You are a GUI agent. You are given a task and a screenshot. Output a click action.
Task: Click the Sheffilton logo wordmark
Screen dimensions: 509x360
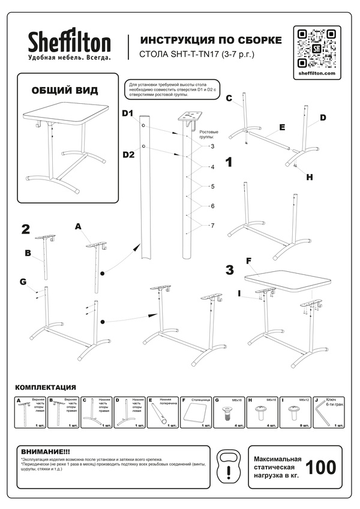(70, 43)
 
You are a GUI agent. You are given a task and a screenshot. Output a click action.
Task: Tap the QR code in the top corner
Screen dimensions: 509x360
(316, 47)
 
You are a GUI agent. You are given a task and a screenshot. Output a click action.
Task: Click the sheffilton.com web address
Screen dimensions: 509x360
(316, 73)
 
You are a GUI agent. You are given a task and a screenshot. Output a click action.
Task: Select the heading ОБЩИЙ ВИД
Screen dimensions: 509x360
(64, 91)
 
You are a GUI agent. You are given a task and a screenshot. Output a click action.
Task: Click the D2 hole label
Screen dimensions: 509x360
(128, 154)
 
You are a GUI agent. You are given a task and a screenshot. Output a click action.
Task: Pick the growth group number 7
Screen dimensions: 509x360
(212, 225)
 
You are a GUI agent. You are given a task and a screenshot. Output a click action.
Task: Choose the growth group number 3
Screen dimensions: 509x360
(212, 146)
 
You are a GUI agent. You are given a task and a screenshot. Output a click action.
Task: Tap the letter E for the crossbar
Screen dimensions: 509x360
(281, 128)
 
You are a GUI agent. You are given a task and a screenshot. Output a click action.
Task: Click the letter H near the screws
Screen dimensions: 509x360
(309, 177)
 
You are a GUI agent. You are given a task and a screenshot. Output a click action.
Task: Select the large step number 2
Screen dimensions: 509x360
(26, 229)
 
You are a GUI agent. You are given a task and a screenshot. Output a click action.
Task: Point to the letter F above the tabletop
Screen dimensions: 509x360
(249, 261)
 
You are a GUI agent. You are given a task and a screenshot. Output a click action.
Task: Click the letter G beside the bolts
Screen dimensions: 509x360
(23, 282)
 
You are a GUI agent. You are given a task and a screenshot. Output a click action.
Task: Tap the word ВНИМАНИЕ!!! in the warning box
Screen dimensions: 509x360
(46, 451)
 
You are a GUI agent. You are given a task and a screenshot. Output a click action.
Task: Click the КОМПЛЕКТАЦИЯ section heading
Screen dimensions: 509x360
(46, 388)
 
